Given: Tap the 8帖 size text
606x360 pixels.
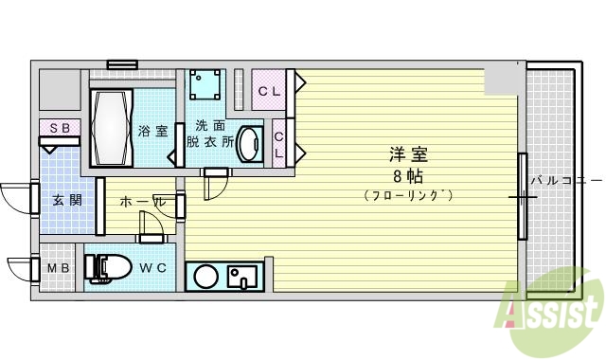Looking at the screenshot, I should [x=408, y=176].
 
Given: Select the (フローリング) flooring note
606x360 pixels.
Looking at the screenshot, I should [x=408, y=195].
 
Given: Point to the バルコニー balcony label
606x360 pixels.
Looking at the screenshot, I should [x=565, y=179].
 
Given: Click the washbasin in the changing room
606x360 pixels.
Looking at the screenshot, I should [x=248, y=145].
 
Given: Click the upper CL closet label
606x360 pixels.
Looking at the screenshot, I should [x=269, y=92].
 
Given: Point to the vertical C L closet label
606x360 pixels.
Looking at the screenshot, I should [x=279, y=144].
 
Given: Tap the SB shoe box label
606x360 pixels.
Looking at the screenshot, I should [x=59, y=127].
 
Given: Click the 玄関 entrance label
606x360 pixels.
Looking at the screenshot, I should [x=66, y=200].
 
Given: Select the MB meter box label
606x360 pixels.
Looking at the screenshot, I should [x=59, y=268].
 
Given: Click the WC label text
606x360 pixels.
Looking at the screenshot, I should [x=153, y=268].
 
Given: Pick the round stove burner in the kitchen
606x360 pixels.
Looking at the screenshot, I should [x=205, y=277].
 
